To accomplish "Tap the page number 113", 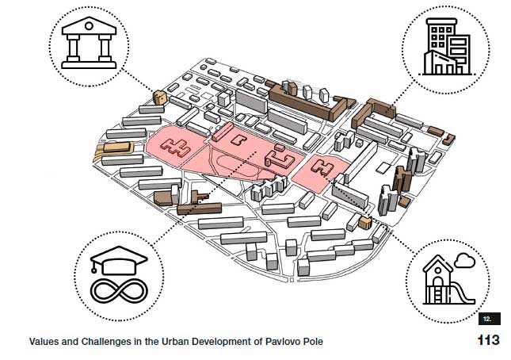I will pos(488,341).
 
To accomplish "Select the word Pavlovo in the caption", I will pos(281,342).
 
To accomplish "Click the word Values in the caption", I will pos(45,342).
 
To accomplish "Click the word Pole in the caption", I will pos(313,342).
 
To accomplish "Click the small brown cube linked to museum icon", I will pos(159,98).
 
